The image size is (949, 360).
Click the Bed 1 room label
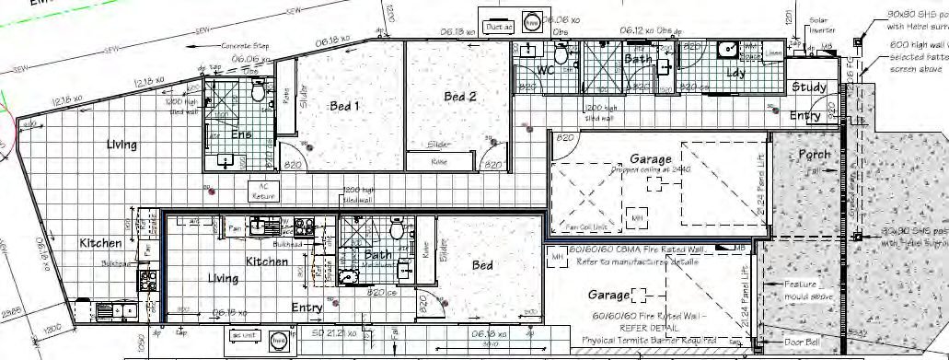(344, 106)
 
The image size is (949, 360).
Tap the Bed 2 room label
(459, 97)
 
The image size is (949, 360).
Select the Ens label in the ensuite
(241, 134)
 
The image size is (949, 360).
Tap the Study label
(808, 87)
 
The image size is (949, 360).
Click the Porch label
(814, 155)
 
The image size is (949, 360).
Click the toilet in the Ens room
(259, 92)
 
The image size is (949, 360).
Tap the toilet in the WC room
(562, 55)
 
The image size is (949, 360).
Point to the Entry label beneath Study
(804, 116)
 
